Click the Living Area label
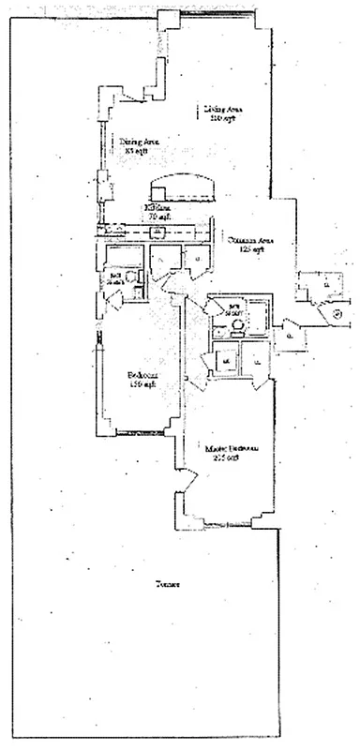click(x=221, y=110)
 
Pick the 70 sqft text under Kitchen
click(x=154, y=217)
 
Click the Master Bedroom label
click(x=232, y=449)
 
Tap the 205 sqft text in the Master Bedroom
click(x=232, y=458)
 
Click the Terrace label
click(x=169, y=585)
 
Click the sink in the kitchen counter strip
click(x=159, y=231)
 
